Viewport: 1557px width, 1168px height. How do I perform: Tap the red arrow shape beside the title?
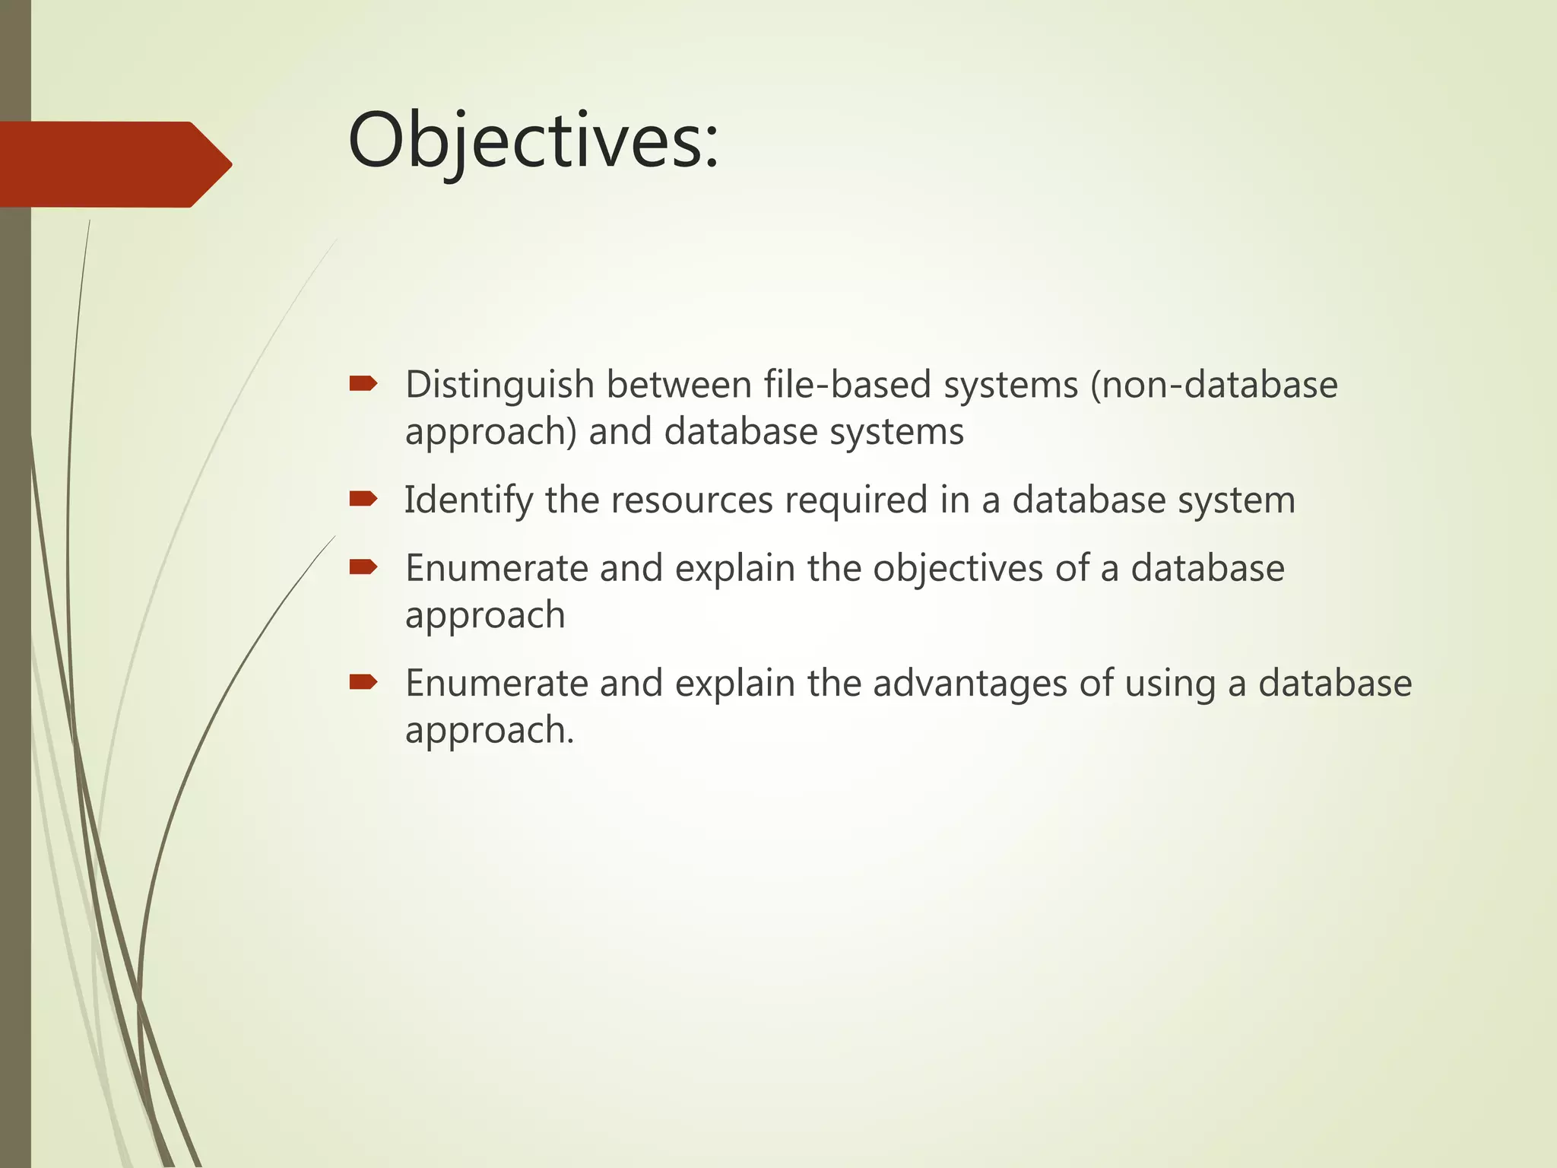point(114,164)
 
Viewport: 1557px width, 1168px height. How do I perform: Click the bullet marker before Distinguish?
point(363,384)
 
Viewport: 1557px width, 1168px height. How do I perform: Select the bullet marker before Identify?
point(363,499)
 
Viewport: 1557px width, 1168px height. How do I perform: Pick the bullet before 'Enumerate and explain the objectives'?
point(363,567)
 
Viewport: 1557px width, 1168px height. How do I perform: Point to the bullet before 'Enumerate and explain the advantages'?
point(363,682)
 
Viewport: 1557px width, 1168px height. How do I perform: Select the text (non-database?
point(1213,384)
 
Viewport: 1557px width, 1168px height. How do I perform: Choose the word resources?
point(691,500)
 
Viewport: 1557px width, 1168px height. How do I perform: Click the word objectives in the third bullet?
point(957,569)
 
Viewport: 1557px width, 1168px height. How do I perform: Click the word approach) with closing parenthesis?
point(490,433)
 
